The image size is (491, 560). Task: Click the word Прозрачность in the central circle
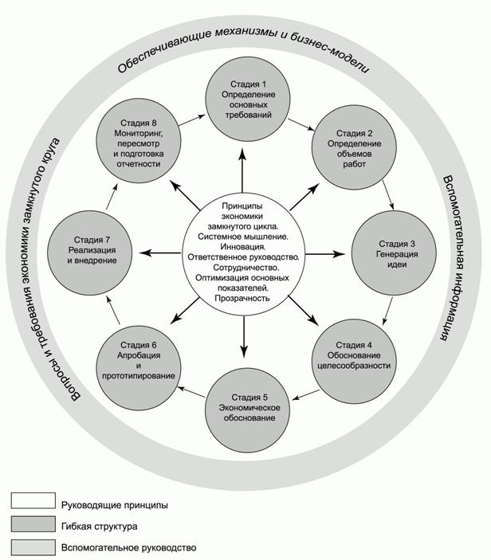[242, 298]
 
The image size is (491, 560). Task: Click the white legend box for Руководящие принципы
[33, 502]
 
